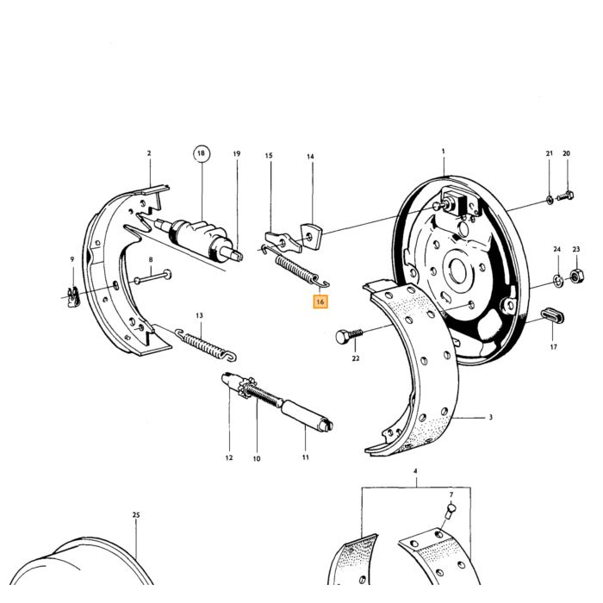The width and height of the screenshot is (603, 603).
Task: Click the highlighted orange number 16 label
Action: (x=320, y=301)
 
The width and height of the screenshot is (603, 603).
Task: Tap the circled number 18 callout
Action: (x=201, y=154)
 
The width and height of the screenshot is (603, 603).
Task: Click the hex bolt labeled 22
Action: (x=349, y=336)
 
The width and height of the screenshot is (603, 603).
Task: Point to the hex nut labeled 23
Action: (x=576, y=276)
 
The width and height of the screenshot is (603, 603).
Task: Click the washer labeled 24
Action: (x=558, y=281)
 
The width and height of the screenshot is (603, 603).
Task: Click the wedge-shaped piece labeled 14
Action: (x=312, y=235)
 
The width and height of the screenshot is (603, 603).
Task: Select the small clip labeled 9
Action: (x=72, y=297)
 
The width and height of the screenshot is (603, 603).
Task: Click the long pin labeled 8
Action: (x=152, y=277)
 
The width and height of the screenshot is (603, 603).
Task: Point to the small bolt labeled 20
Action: (x=565, y=196)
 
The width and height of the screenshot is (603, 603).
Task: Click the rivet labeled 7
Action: (x=451, y=512)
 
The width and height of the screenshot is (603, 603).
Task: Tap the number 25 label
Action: (x=136, y=515)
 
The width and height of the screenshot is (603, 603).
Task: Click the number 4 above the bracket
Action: (x=415, y=471)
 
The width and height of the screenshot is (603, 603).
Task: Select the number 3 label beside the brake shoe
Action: (x=491, y=417)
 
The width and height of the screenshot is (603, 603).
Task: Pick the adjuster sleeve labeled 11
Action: (x=307, y=416)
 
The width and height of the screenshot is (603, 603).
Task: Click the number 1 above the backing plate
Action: (x=443, y=152)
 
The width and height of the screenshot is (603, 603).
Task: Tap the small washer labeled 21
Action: (x=550, y=199)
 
